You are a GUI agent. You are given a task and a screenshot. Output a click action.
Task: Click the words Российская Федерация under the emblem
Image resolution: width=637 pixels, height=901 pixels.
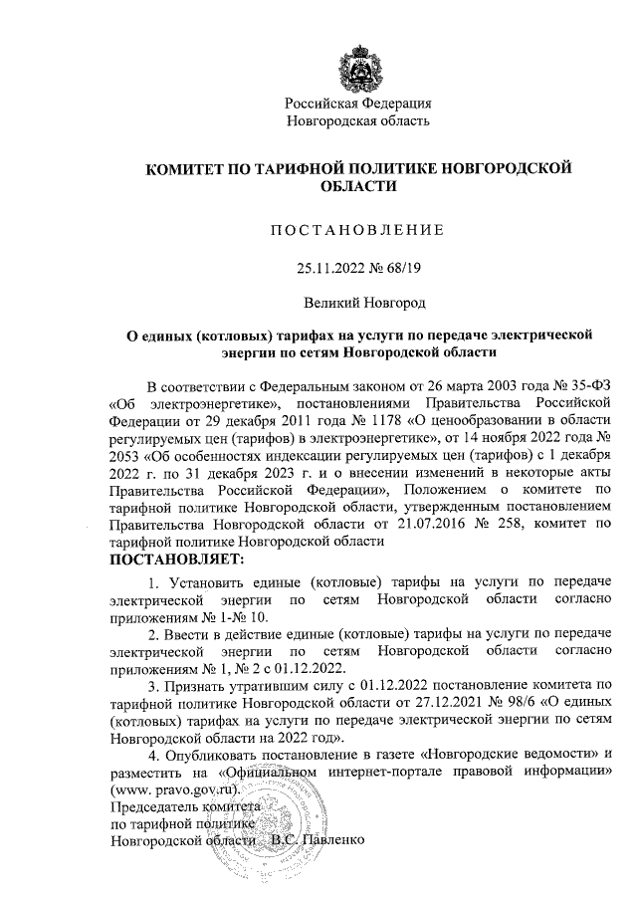click(357, 104)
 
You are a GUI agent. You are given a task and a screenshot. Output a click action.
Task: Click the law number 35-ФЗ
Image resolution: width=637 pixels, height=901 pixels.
click(585, 385)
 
